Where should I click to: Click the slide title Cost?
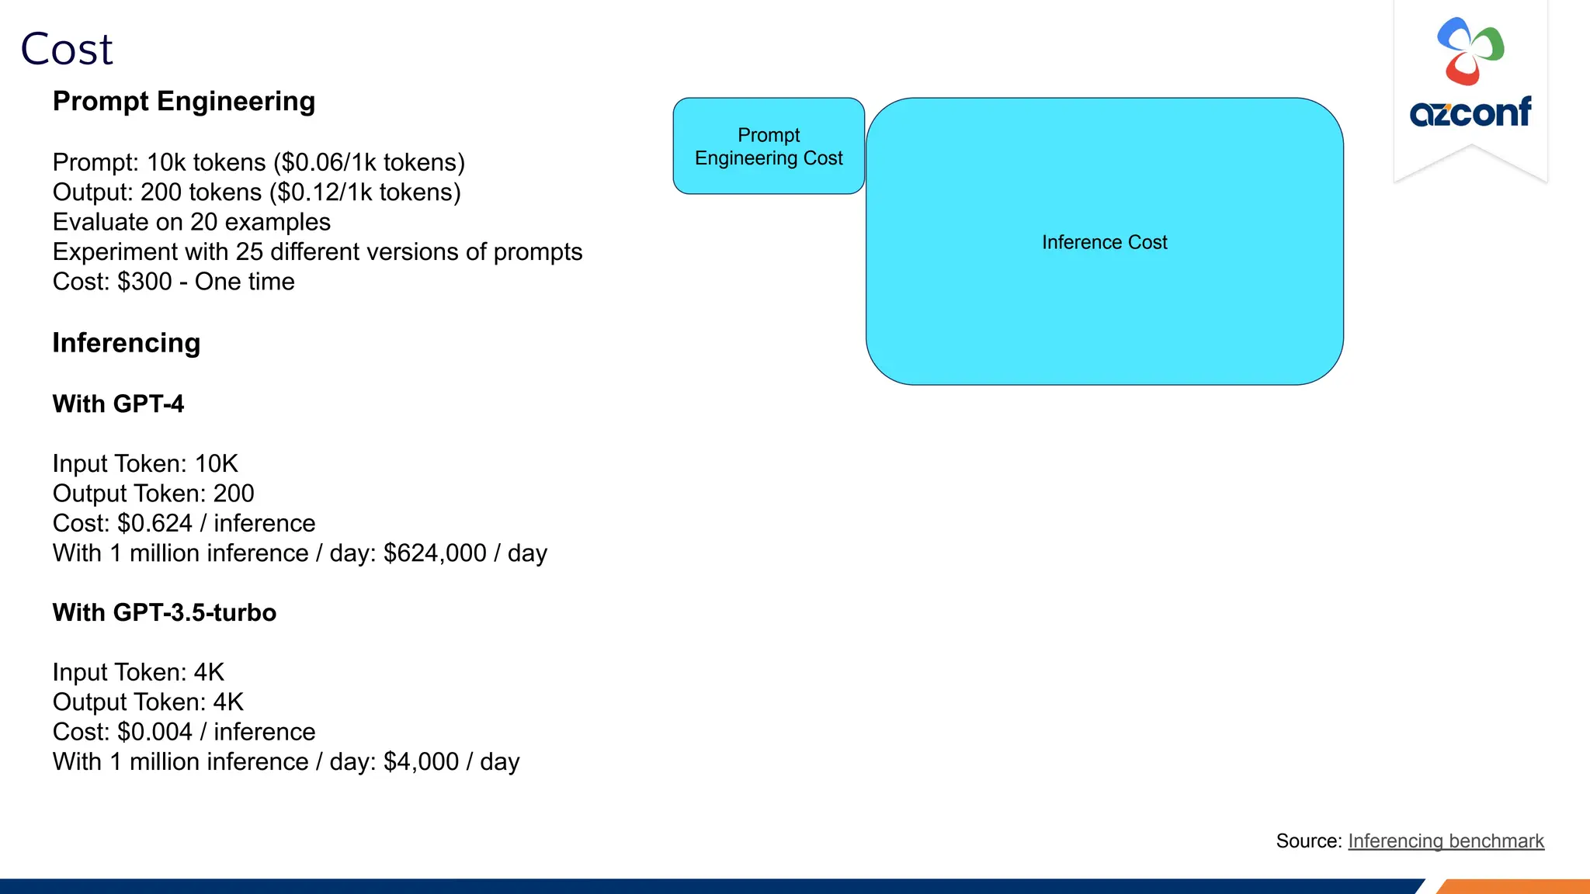click(67, 50)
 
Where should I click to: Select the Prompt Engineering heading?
click(184, 102)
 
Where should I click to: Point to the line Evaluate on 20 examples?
click(192, 222)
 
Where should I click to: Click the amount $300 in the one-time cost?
click(144, 282)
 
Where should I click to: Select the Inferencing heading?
click(127, 343)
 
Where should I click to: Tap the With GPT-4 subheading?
click(118, 404)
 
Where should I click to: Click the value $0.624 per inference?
click(154, 524)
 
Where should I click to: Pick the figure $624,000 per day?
click(435, 553)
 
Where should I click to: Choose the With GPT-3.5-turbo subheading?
click(164, 612)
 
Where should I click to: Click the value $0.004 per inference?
click(154, 732)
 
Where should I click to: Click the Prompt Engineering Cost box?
click(769, 146)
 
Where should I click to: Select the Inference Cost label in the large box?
click(1104, 243)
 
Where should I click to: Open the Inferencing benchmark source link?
click(1446, 841)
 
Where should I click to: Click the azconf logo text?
click(1470, 112)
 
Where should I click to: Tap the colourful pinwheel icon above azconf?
click(1470, 50)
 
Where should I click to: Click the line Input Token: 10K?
click(145, 464)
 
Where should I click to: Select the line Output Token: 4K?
click(148, 702)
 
